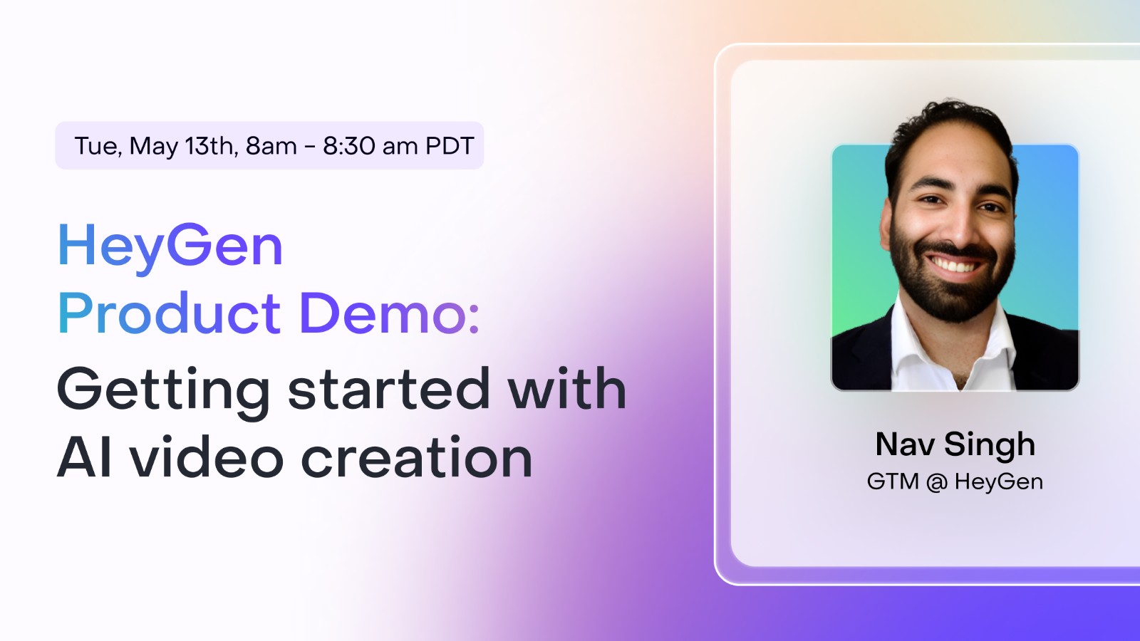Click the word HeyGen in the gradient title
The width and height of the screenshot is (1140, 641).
[170, 246]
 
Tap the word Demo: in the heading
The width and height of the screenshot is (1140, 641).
[389, 313]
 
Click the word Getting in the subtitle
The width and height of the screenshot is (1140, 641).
[163, 390]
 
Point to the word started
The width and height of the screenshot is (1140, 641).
[389, 390]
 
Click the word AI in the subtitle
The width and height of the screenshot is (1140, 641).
[84, 458]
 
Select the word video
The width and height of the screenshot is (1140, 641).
[207, 458]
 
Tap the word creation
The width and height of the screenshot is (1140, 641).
[417, 458]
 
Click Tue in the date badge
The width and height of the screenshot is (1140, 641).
[97, 146]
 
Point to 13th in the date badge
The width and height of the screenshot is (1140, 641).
[211, 146]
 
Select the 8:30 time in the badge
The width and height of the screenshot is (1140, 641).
[349, 146]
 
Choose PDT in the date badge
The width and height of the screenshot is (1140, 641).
[450, 146]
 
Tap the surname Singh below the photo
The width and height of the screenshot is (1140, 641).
[990, 446]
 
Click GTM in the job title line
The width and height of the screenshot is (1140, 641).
[893, 482]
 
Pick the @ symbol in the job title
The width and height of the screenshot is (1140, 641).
[937, 483]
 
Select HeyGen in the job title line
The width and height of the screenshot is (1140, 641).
[999, 483]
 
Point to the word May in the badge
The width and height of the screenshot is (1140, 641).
[154, 147]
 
